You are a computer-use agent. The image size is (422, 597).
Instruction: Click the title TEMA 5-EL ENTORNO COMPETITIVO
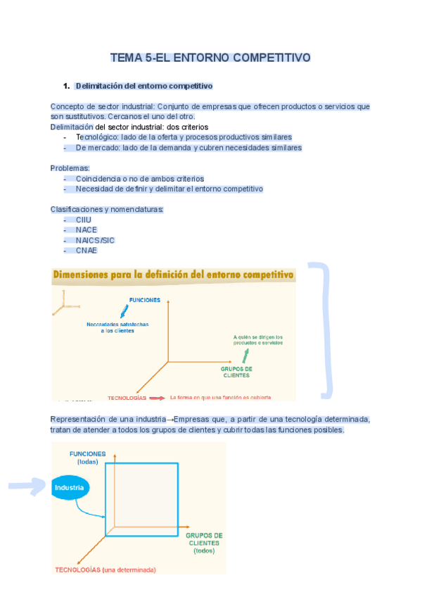pyautogui.click(x=210, y=58)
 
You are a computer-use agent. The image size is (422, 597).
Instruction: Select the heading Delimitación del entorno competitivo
pyautogui.click(x=143, y=86)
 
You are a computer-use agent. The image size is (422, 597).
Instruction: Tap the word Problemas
pyautogui.click(x=70, y=168)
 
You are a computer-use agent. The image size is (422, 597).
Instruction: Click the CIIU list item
pyautogui.click(x=83, y=220)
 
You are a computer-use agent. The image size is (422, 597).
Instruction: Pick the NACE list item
pyautogui.click(x=86, y=230)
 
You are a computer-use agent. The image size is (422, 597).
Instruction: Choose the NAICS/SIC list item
pyautogui.click(x=95, y=240)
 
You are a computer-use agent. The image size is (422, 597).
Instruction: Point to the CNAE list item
pyautogui.click(x=86, y=251)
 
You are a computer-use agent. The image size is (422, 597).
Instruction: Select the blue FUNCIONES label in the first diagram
pyautogui.click(x=144, y=300)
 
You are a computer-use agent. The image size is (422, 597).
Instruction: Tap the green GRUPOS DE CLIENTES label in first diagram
pyautogui.click(x=236, y=372)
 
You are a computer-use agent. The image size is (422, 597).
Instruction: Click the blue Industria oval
pyautogui.click(x=70, y=488)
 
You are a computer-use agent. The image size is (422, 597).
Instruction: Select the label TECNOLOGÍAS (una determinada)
pyautogui.click(x=105, y=570)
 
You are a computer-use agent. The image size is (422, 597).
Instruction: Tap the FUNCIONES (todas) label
pyautogui.click(x=87, y=458)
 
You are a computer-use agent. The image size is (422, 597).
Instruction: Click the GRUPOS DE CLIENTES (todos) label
pyautogui.click(x=204, y=543)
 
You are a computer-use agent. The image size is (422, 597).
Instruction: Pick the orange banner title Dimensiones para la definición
pyautogui.click(x=173, y=275)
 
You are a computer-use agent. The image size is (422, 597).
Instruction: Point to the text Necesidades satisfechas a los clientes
pyautogui.click(x=117, y=327)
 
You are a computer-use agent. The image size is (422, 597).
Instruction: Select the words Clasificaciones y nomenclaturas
pyautogui.click(x=107, y=209)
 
